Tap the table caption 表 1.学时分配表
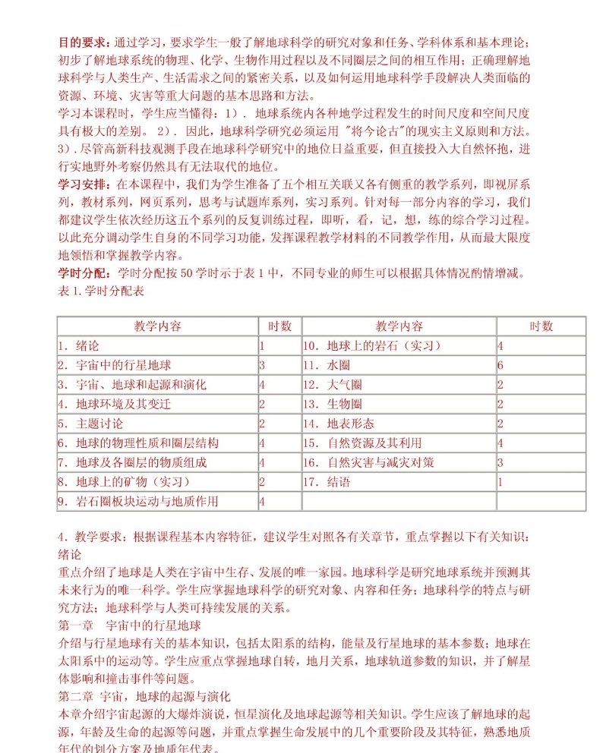(101, 291)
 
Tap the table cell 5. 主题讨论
(90, 424)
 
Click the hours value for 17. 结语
(500, 481)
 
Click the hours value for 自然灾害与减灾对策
(500, 462)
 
